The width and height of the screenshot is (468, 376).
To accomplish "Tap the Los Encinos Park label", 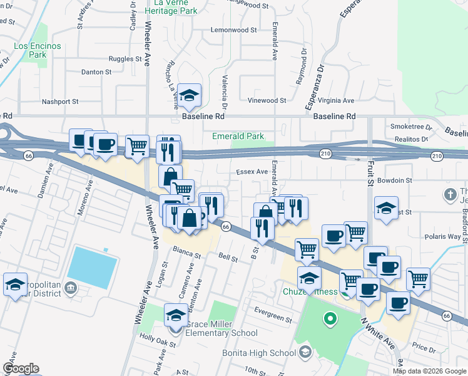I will (30, 50).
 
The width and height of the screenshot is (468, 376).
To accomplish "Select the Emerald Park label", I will (238, 136).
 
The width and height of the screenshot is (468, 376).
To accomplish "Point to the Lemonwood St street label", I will (234, 30).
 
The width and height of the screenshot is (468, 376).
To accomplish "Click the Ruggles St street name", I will (125, 59).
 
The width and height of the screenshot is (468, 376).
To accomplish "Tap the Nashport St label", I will (59, 102).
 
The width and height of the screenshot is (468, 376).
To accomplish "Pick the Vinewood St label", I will (267, 100).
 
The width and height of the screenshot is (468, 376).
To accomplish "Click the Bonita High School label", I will (259, 353).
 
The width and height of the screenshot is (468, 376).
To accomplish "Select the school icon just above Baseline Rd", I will (188, 96).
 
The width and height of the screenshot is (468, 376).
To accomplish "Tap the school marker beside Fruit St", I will (387, 207).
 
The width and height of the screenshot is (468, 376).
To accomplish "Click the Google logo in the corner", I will (21, 368).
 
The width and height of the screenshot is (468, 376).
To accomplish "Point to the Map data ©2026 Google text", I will (429, 371).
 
